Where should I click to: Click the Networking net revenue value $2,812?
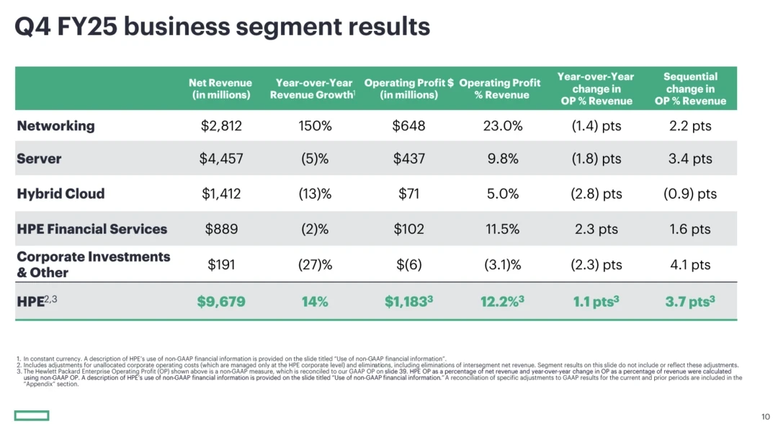click(x=220, y=126)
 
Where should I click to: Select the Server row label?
click(x=39, y=159)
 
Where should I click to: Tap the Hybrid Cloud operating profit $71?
click(x=408, y=194)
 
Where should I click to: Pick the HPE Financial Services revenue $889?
click(x=220, y=230)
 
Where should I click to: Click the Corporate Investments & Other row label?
click(x=93, y=264)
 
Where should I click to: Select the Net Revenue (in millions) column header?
click(x=220, y=89)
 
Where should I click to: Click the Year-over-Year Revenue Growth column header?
click(x=313, y=89)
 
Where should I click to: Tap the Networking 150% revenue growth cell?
click(x=315, y=126)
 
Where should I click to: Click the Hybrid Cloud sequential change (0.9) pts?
click(x=690, y=194)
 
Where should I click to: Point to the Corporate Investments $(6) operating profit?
click(x=408, y=265)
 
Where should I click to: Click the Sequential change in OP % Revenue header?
click(x=690, y=89)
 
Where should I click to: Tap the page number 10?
click(x=765, y=416)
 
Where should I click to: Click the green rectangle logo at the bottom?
click(x=31, y=415)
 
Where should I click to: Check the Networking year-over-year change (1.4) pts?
click(x=596, y=126)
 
